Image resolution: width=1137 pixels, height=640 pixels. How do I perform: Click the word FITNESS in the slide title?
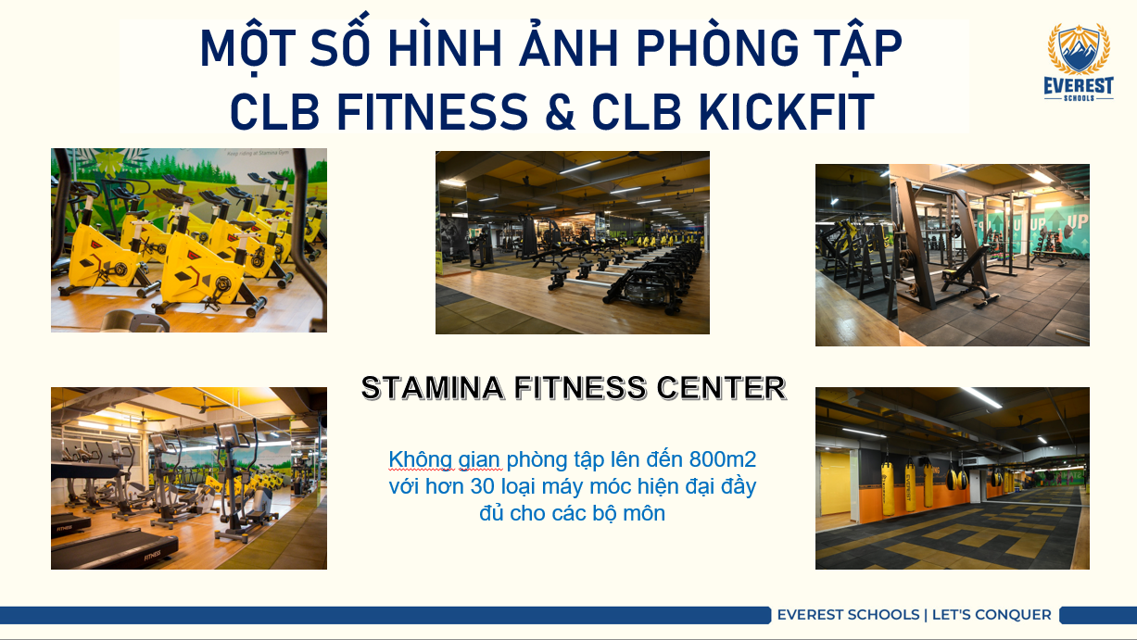(x=433, y=112)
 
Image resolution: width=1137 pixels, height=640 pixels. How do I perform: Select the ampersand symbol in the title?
(x=560, y=112)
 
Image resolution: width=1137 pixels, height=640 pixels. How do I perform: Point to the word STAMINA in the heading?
(x=433, y=388)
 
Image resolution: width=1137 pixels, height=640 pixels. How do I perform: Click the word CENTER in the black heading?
(x=721, y=388)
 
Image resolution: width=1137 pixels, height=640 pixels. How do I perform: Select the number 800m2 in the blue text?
(x=723, y=459)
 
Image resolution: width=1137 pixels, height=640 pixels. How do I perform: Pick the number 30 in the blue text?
(x=482, y=486)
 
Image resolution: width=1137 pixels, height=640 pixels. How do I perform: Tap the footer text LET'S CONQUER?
(x=992, y=615)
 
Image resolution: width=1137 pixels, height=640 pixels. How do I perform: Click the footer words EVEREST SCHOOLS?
(x=848, y=615)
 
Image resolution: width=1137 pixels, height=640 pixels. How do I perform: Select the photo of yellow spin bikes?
(x=189, y=240)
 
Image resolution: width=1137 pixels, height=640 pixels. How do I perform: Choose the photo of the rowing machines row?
(x=573, y=242)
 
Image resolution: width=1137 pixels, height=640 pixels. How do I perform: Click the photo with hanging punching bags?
(x=953, y=478)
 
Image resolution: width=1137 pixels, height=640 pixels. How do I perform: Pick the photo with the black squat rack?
(x=953, y=255)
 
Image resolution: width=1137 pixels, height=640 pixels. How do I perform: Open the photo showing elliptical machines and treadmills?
(x=189, y=478)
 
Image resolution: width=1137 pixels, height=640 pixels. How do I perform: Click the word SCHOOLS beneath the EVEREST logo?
(x=1079, y=98)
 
